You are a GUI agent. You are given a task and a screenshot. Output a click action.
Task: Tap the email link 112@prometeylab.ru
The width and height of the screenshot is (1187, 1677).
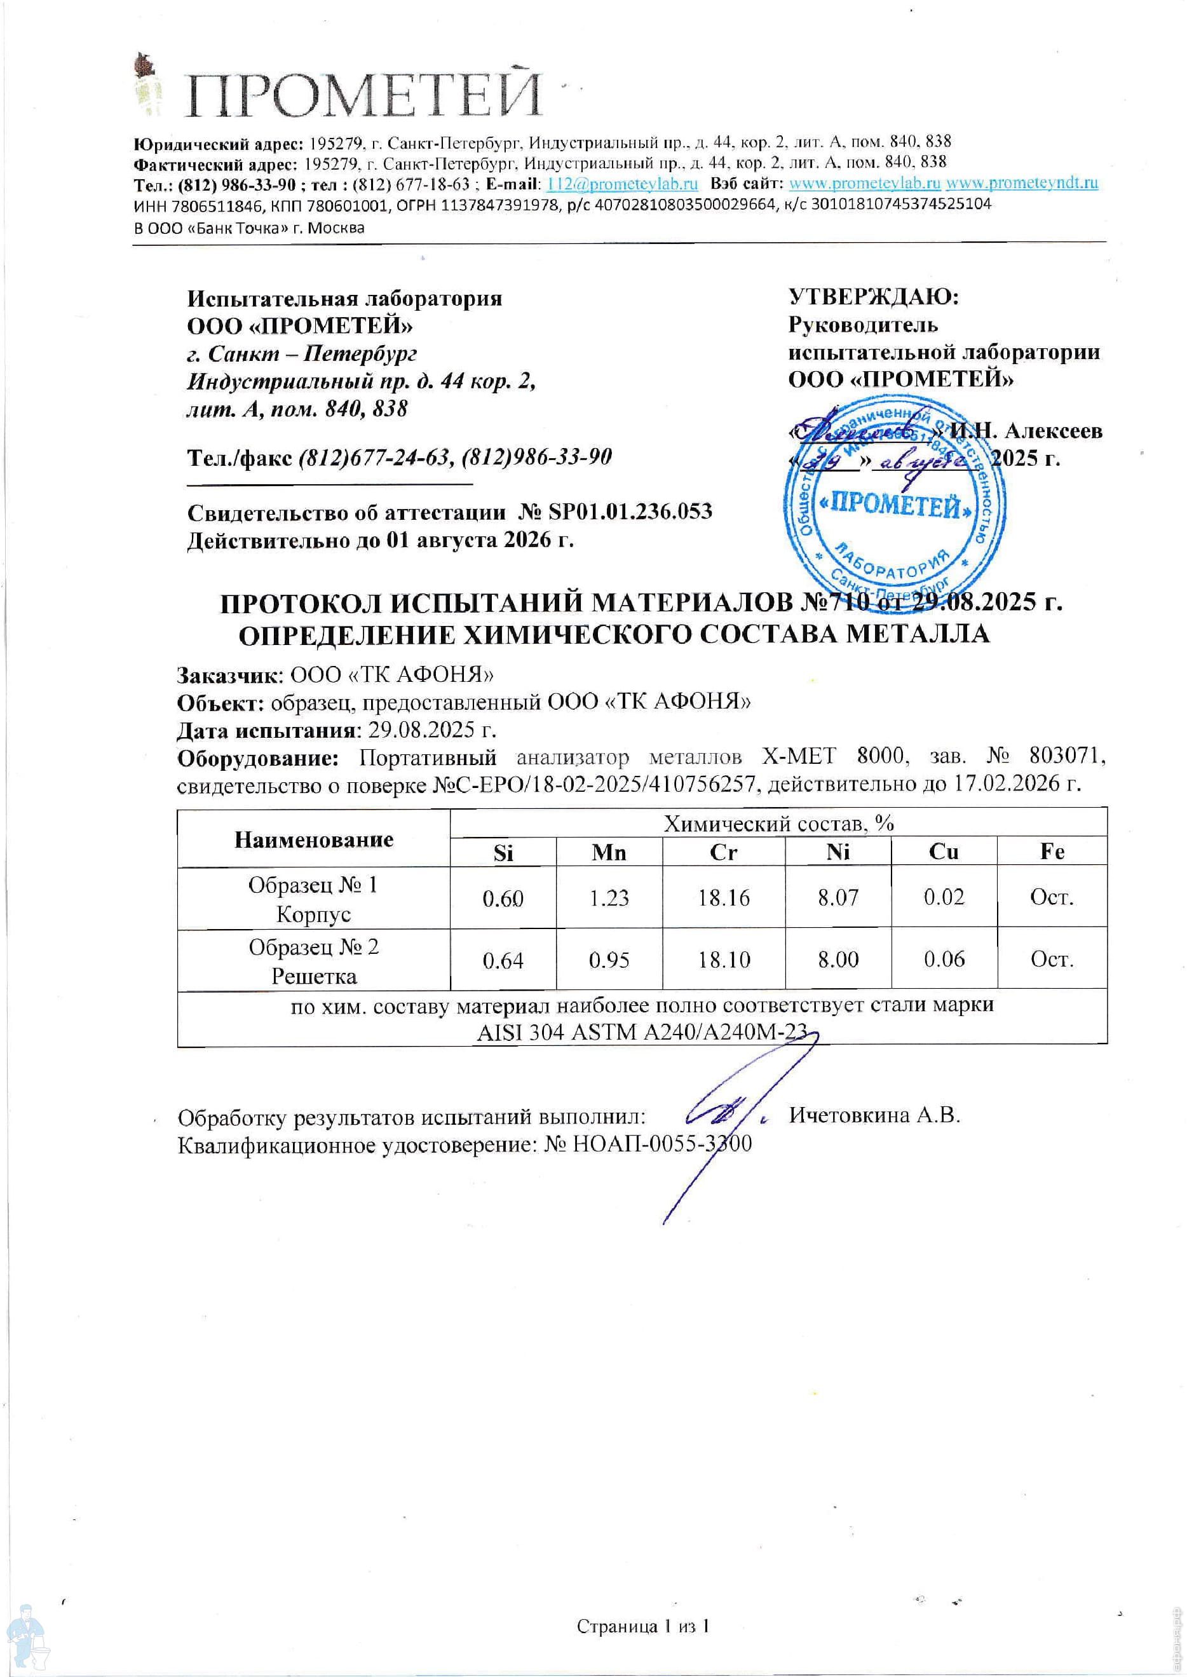coord(622,184)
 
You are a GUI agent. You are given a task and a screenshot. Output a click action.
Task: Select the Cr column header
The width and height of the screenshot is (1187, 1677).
coord(723,852)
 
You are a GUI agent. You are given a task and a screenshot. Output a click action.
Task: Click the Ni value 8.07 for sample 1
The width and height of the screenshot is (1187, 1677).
coord(838,898)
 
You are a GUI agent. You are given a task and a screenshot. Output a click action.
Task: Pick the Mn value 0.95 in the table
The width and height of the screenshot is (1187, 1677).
coord(609,960)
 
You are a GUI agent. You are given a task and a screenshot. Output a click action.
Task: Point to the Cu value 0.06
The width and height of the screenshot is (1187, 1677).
coord(944,959)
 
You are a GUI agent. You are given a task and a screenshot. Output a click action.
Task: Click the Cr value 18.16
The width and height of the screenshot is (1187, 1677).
coord(723,898)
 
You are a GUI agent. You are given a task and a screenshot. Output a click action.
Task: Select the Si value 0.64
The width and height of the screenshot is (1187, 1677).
coord(503,960)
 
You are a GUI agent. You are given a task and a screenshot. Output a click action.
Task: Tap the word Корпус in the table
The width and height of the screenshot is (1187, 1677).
coord(313,914)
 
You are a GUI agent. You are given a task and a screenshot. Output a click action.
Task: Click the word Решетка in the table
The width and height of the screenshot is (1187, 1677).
coord(313,977)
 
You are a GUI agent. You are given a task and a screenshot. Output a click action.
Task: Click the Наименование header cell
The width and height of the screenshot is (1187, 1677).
coord(313,839)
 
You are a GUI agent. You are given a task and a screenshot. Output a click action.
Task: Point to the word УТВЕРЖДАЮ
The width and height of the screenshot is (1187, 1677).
coord(874,297)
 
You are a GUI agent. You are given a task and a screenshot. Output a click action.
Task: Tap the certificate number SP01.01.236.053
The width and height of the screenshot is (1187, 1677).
coord(630,512)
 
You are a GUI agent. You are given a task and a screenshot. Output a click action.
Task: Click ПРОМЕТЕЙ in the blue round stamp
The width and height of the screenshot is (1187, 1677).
coord(896,505)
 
